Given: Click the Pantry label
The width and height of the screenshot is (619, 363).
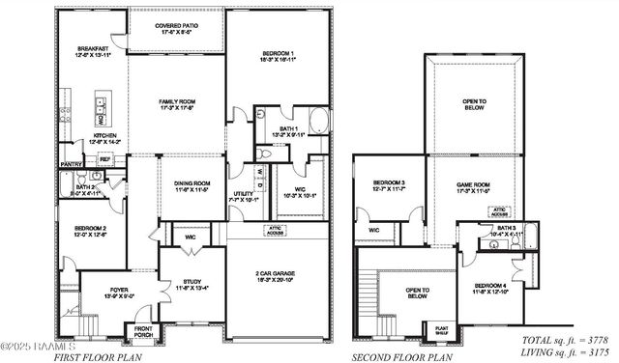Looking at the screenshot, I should (71, 164).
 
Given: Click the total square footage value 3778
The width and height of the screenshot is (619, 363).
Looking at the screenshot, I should (591, 341).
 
